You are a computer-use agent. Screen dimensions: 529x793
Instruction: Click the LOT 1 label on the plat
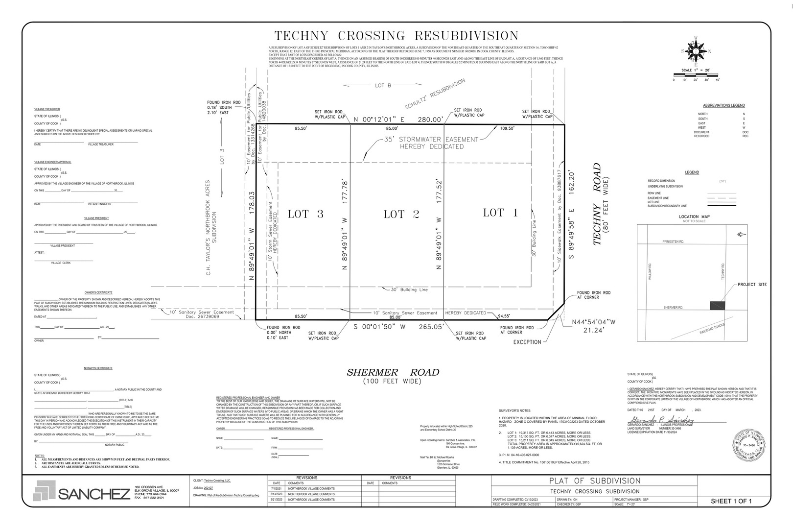500,212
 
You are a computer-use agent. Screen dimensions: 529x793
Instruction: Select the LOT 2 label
401,214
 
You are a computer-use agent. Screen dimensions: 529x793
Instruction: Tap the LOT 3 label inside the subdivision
305,214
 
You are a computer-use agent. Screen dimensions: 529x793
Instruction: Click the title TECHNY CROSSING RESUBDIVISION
396,36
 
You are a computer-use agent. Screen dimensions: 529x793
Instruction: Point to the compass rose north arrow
695,50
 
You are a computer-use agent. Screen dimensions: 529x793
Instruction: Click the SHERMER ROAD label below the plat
393,373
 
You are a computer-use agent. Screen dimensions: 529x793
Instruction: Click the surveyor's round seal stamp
749,446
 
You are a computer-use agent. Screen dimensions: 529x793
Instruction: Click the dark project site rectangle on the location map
717,306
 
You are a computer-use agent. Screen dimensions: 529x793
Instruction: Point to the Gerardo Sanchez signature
661,421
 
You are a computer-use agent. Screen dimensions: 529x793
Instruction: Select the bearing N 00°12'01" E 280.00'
398,119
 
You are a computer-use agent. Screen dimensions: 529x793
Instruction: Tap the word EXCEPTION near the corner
527,342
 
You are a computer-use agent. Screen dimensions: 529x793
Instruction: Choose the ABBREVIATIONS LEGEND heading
723,105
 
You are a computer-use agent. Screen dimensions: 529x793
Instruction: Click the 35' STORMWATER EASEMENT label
432,143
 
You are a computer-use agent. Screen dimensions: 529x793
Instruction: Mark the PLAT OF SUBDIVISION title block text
594,481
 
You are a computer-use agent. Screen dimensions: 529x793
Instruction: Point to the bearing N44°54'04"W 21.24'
593,326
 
